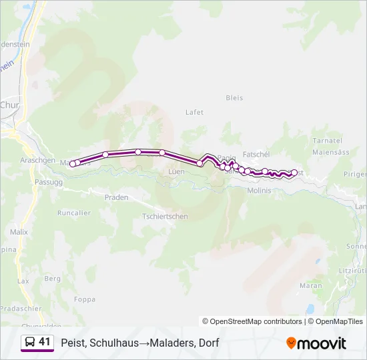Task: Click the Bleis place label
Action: pos(234,97)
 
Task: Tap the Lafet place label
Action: pos(194,112)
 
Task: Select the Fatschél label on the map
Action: pos(256,154)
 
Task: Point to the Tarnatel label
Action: pos(327,141)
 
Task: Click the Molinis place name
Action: pos(259,190)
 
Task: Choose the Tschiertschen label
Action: pos(165,216)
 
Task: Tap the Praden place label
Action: pos(116,197)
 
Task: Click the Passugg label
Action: pos(48,181)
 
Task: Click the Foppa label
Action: pos(84,299)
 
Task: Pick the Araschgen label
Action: pos(37,161)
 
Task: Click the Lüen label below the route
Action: pos(176,171)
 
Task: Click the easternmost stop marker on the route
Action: pos(294,173)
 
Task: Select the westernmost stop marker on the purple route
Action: pos(73,163)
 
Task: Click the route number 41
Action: pos(45,342)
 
